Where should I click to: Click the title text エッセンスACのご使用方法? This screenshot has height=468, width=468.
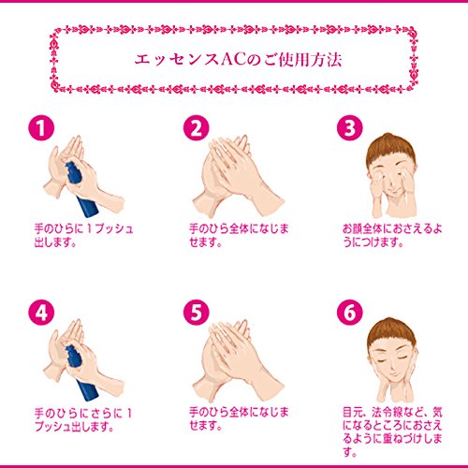coord(233,60)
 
